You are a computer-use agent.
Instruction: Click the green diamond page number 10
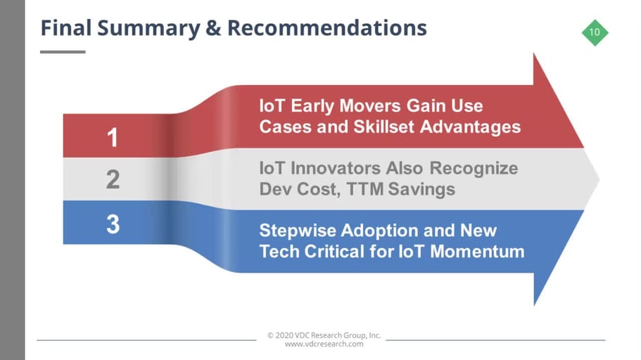click(x=595, y=32)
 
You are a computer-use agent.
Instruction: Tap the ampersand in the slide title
click(x=214, y=28)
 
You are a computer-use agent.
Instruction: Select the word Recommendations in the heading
click(x=327, y=28)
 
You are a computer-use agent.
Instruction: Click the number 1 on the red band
click(x=113, y=137)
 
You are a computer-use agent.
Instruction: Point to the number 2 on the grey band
click(x=113, y=179)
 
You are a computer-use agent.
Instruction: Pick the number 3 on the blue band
click(x=113, y=224)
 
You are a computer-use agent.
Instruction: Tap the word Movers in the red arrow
click(x=370, y=105)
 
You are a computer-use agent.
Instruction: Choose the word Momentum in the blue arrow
click(x=477, y=251)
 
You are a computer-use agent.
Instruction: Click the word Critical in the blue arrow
click(x=334, y=251)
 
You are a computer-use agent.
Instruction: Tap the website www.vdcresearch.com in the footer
click(x=324, y=344)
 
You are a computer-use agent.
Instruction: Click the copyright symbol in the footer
click(x=270, y=335)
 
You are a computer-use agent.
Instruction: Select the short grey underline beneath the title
click(x=63, y=52)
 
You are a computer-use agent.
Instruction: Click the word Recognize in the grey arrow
click(x=474, y=168)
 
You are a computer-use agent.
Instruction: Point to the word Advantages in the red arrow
click(x=471, y=127)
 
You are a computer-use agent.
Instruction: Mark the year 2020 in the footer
click(x=284, y=335)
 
